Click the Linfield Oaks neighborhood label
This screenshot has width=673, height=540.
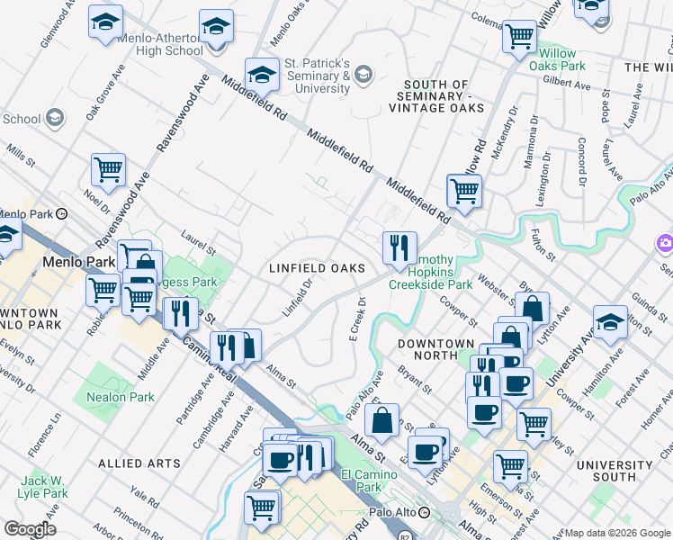click(318, 268)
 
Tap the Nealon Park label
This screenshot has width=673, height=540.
click(120, 397)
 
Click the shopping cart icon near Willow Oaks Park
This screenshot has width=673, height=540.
click(519, 37)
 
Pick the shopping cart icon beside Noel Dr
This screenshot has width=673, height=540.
click(108, 169)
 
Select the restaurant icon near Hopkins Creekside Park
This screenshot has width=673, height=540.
click(399, 247)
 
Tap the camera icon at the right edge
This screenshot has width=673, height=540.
click(666, 243)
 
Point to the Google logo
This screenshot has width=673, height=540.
click(30, 529)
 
